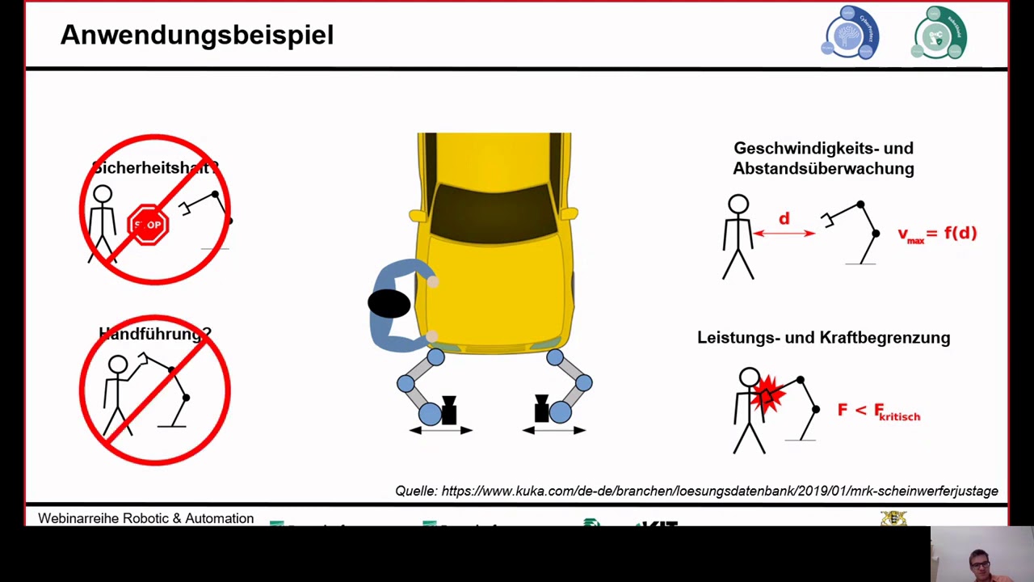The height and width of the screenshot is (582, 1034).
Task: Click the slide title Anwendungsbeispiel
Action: [x=196, y=35]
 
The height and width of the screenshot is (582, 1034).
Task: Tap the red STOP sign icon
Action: [x=148, y=225]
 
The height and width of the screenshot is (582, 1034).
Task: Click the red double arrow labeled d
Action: [x=784, y=233]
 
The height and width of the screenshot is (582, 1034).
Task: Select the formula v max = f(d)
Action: [x=937, y=234]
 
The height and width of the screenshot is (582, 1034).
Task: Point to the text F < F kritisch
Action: [x=878, y=411]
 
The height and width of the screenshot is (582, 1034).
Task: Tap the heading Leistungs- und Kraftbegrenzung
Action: [x=823, y=338]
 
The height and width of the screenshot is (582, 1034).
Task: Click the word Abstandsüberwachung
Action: [x=823, y=169]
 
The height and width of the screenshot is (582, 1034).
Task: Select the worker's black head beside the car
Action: [x=389, y=304]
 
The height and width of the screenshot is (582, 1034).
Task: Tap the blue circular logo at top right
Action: [x=851, y=33]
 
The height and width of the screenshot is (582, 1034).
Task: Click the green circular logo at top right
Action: [x=940, y=33]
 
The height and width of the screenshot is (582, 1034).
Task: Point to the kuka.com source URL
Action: [x=719, y=491]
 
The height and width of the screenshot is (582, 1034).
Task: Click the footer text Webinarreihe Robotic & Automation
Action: [x=145, y=518]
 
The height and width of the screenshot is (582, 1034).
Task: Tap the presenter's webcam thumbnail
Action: [x=981, y=555]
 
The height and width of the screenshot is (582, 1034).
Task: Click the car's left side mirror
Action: [x=417, y=216]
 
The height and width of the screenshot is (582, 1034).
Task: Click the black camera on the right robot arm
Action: [x=541, y=409]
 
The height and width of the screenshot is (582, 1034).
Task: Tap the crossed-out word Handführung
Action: [x=154, y=333]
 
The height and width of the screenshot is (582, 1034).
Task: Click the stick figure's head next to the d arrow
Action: [x=738, y=205]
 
